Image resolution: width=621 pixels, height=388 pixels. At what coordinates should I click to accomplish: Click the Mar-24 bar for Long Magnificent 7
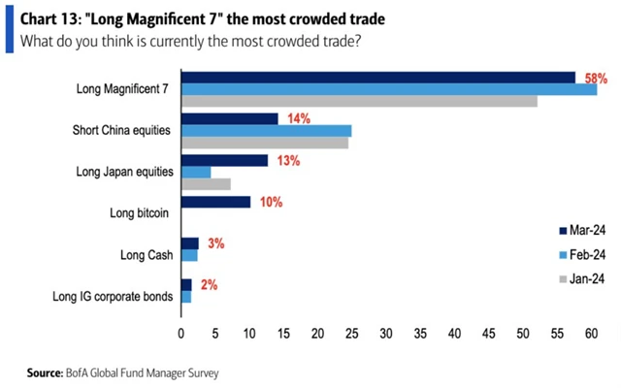pyautogui.click(x=378, y=77)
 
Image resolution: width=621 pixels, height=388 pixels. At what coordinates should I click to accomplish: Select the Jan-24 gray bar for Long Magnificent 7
pyautogui.click(x=359, y=101)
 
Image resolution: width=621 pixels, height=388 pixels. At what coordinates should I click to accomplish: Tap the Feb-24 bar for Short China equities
pyautogui.click(x=267, y=130)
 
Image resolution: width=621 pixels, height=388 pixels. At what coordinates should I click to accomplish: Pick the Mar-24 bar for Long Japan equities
pyautogui.click(x=224, y=160)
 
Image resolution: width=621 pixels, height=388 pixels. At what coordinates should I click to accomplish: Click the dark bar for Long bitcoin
pyautogui.click(x=216, y=202)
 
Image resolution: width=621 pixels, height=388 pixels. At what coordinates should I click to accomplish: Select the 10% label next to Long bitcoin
pyautogui.click(x=269, y=202)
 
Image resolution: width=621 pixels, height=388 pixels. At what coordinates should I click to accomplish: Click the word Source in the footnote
pyautogui.click(x=47, y=372)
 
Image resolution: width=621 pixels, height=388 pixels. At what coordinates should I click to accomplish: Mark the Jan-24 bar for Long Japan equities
pyautogui.click(x=206, y=184)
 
